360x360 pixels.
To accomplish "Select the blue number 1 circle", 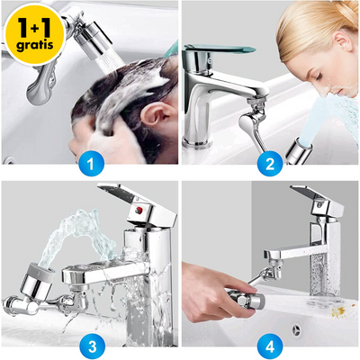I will tap(89, 163).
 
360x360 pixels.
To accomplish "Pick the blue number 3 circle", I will tap(89, 343).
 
